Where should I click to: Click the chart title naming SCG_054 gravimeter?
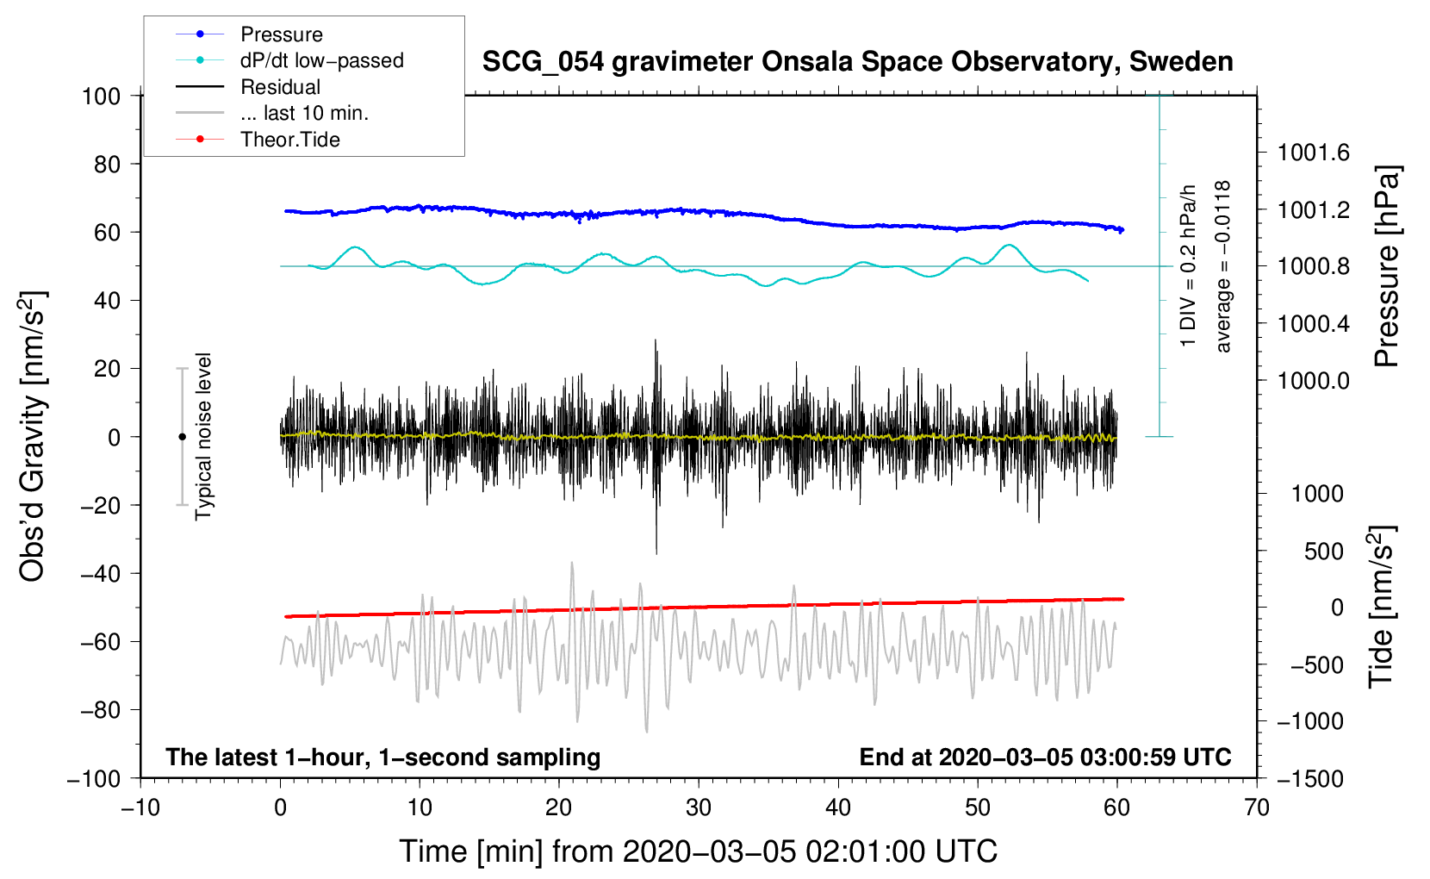tap(857, 62)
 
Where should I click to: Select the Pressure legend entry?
tap(282, 34)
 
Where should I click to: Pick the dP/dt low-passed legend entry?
tap(321, 60)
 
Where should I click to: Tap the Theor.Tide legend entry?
tap(289, 140)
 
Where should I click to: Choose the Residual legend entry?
tap(280, 87)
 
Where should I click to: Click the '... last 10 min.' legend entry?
tap(304, 113)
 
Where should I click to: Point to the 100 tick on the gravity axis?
tap(101, 96)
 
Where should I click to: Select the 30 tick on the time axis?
tap(699, 807)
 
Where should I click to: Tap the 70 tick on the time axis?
tap(1257, 807)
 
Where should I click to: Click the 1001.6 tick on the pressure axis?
tap(1313, 153)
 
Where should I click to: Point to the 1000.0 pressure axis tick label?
tap(1313, 381)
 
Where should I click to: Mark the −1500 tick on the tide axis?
tap(1310, 779)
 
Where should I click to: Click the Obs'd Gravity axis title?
tap(32, 436)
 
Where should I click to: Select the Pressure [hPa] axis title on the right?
tap(1386, 266)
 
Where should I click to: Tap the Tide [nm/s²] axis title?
tap(1382, 608)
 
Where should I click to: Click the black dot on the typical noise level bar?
tap(182, 437)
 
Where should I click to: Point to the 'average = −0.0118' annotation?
tap(1223, 266)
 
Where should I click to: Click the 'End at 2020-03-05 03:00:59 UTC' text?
tap(1045, 757)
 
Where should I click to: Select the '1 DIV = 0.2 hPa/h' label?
tap(1189, 265)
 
